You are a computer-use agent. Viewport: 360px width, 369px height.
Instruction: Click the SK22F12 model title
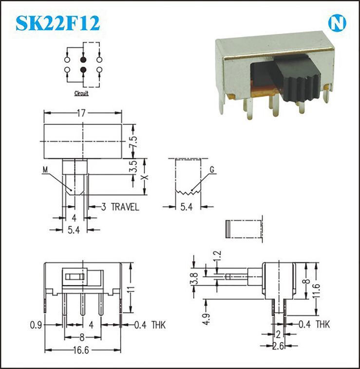coord(58,23)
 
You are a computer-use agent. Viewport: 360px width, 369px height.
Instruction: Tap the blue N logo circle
coord(337,23)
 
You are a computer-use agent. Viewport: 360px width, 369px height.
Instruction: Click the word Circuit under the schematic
coord(81,93)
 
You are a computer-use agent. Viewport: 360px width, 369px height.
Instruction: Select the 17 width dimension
coord(81,113)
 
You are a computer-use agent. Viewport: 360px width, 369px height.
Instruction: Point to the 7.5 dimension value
coord(133,142)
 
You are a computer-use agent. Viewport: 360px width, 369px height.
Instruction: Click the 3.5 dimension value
coord(133,167)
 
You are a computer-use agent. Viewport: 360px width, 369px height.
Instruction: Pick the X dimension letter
coord(146,177)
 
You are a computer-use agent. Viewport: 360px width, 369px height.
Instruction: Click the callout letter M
coord(45,170)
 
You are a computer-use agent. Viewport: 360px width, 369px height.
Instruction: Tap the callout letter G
coord(212,170)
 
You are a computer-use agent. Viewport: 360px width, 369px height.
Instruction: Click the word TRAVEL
coord(125,207)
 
